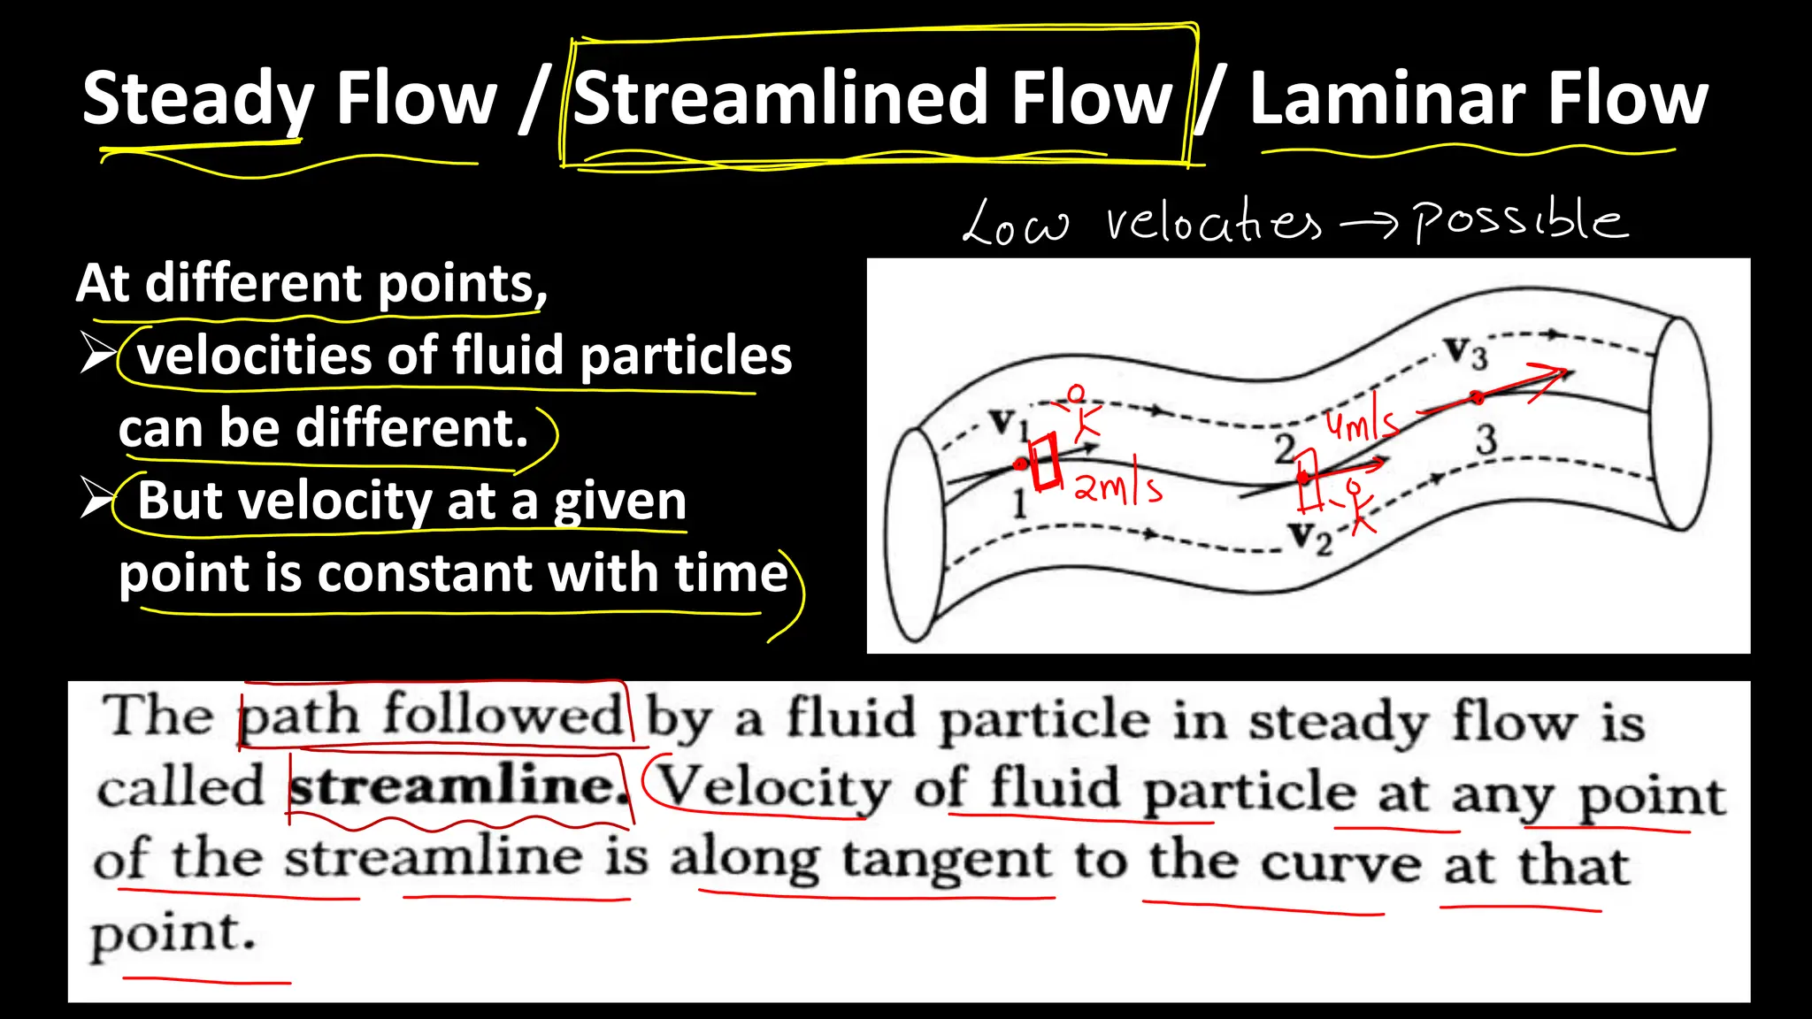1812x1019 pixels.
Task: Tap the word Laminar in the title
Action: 1386,99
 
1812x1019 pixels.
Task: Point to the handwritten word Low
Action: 1015,223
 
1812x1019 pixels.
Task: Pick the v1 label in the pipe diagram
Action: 1008,423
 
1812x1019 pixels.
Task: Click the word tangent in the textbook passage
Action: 946,860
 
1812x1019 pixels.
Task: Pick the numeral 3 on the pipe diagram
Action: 1486,440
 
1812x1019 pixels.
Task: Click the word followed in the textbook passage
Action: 503,715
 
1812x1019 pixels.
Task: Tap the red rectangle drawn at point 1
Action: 1046,461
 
